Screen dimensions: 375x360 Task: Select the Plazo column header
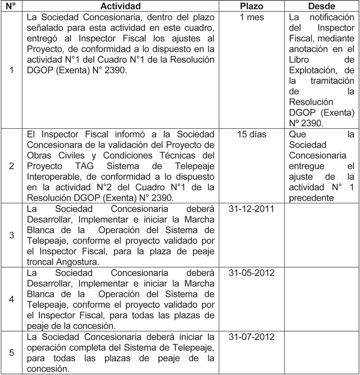(252, 6)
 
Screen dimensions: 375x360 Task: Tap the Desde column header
(321, 6)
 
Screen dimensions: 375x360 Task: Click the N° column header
(11, 6)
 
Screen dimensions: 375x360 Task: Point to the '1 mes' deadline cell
(252, 18)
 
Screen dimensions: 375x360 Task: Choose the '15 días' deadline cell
(252, 134)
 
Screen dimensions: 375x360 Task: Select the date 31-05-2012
(252, 272)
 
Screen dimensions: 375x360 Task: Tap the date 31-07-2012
(252, 336)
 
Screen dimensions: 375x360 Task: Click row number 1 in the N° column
(11, 71)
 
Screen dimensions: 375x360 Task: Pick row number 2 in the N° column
(11, 166)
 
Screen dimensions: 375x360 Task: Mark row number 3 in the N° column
(11, 235)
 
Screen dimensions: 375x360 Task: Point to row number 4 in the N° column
(11, 299)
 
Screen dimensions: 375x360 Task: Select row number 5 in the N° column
(11, 353)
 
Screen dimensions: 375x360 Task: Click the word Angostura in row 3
(77, 262)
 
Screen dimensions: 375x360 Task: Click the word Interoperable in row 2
(54, 177)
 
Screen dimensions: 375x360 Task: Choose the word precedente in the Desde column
(311, 198)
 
